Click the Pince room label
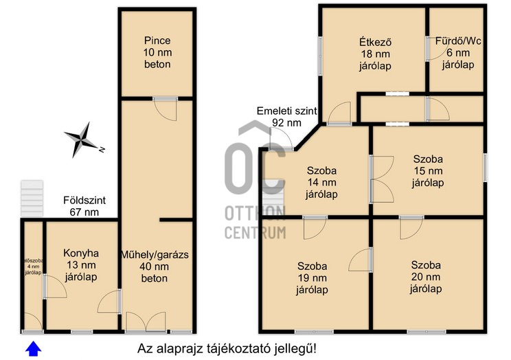(x=158, y=52)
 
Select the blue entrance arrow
(x=34, y=348)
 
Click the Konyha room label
(x=81, y=265)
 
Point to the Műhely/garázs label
(x=155, y=267)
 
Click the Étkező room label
(x=376, y=54)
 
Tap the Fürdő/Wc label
(x=458, y=53)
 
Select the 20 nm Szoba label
(x=426, y=277)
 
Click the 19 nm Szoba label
(x=313, y=278)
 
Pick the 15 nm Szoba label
(x=428, y=171)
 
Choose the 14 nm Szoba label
(x=321, y=183)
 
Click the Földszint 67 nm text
(x=84, y=206)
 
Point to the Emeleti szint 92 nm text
(x=287, y=117)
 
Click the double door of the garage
(x=146, y=322)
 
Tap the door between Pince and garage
(x=166, y=109)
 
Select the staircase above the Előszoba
(x=32, y=199)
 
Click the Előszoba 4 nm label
(x=33, y=267)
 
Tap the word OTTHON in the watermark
(x=255, y=213)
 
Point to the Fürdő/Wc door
(x=437, y=48)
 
